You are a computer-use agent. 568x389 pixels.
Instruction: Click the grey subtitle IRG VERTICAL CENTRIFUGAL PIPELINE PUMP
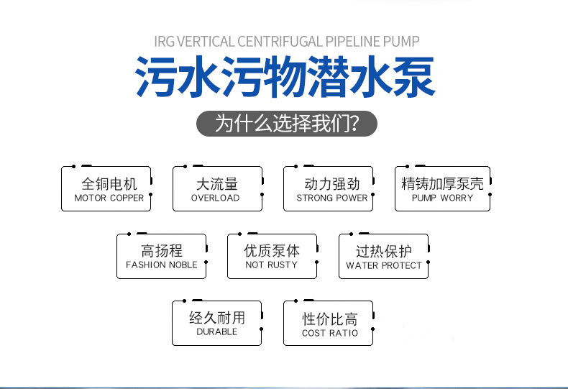[286, 41]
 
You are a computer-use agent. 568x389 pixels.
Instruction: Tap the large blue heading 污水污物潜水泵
[285, 78]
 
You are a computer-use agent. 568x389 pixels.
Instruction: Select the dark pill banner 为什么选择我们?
[286, 124]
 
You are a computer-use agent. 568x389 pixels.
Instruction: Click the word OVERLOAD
[216, 198]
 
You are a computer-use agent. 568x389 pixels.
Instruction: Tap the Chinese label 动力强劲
[331, 183]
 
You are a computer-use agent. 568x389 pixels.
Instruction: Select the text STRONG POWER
[331, 198]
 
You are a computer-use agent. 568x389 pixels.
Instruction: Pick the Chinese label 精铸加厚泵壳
[442, 183]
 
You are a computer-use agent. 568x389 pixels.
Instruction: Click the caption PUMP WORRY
[442, 198]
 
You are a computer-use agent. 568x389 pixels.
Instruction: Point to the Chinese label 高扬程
[162, 251]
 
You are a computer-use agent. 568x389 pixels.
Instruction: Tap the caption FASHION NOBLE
[162, 265]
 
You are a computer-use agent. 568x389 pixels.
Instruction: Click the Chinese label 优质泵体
[272, 251]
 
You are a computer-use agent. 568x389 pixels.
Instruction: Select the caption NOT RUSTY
[272, 265]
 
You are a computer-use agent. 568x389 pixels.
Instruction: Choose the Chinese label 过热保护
[384, 251]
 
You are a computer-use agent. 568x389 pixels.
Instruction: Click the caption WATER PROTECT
[384, 265]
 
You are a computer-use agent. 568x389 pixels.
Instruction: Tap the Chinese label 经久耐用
[216, 317]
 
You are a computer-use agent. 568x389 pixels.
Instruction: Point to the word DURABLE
[216, 331]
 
